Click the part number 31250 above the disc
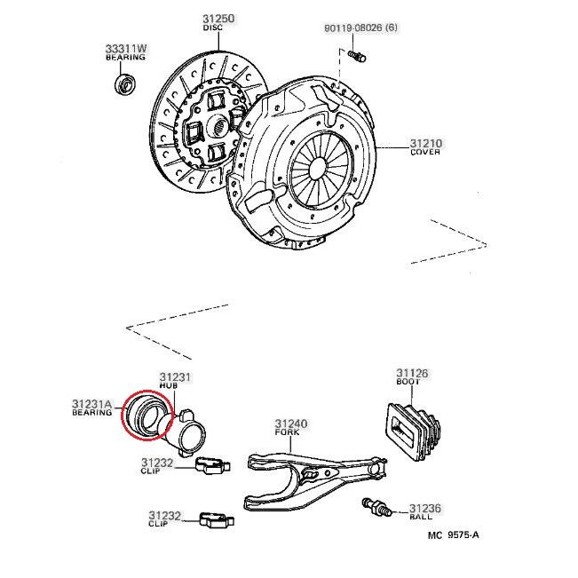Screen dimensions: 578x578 (218, 19)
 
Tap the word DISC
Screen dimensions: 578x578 (213, 28)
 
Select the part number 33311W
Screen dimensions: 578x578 (126, 48)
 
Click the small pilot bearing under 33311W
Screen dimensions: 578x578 (125, 84)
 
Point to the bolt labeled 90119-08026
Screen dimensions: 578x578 (356, 57)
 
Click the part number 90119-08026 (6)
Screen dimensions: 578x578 (360, 28)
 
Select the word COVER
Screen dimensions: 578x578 (425, 152)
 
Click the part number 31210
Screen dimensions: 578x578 (426, 143)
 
